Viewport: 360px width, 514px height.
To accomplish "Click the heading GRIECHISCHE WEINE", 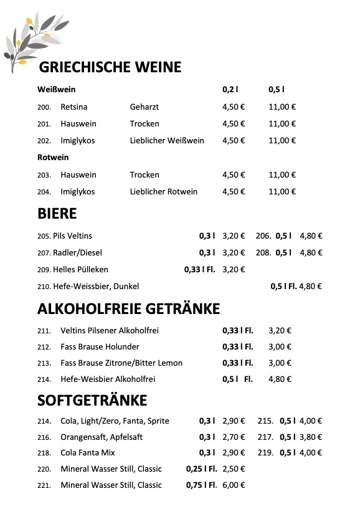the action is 110,67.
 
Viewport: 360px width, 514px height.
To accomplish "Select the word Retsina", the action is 74,107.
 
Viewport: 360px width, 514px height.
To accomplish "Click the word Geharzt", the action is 144,107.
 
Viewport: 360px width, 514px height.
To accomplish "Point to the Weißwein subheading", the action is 56,90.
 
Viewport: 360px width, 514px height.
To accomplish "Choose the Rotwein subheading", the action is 53,157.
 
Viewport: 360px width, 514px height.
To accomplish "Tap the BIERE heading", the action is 57,214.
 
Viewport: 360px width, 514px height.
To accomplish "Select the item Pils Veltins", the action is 72,236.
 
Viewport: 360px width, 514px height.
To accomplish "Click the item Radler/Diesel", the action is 77,253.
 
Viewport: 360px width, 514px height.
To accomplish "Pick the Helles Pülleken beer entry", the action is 80,270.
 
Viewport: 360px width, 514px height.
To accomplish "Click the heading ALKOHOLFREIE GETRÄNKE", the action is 128,308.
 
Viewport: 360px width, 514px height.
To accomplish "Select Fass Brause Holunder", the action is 100,346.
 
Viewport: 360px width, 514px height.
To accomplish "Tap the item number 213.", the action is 44,363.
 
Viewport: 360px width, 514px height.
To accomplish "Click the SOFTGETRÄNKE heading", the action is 92,399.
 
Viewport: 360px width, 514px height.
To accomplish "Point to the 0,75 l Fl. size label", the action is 201,485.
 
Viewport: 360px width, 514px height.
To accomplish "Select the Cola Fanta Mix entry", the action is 88,453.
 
